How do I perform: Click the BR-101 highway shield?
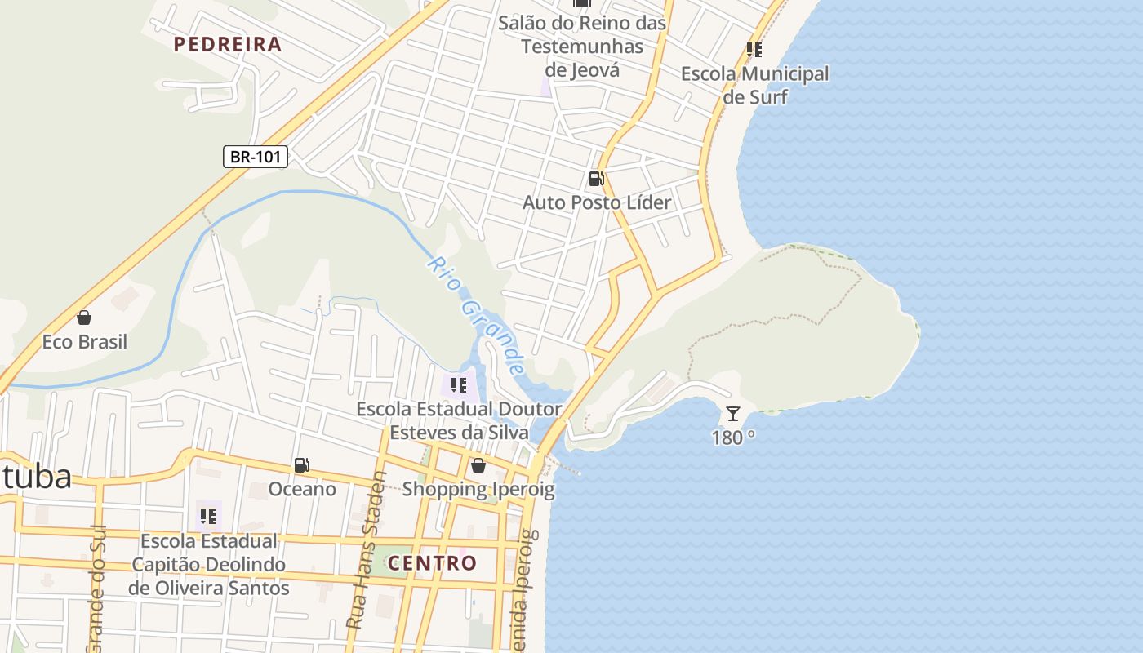256,157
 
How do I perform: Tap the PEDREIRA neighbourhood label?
228,44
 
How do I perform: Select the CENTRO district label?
432,563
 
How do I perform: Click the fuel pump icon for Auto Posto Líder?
597,179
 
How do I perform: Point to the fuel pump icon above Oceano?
302,465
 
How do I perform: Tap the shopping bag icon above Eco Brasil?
84,318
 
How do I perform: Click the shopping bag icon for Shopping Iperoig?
478,465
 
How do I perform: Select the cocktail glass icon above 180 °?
733,414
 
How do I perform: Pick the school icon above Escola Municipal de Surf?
754,50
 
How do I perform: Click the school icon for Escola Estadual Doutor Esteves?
459,384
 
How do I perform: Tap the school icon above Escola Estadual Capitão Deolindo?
208,517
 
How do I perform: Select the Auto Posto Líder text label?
597,202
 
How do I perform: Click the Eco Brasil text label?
85,341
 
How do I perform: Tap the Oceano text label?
303,489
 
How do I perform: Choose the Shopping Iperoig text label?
478,490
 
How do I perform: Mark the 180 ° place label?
733,438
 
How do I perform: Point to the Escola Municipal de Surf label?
755,85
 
